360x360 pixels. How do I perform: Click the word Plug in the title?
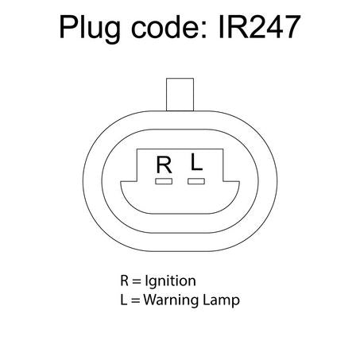click(x=90, y=29)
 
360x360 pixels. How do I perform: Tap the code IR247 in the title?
click(x=260, y=27)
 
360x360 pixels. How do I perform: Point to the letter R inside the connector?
click(x=165, y=165)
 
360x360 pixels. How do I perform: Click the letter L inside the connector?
click(x=196, y=162)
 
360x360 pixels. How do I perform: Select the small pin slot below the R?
click(x=164, y=181)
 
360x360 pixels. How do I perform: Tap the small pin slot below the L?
click(x=196, y=181)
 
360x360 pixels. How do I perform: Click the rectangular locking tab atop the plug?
click(x=180, y=95)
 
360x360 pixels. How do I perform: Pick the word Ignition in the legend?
click(x=171, y=281)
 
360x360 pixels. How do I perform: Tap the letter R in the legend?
click(x=125, y=281)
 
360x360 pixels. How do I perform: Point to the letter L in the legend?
click(x=124, y=300)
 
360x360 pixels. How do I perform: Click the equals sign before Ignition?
click(x=137, y=281)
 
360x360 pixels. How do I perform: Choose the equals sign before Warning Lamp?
click(x=135, y=300)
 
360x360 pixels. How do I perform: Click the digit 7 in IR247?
click(x=292, y=27)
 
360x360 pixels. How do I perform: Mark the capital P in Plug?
click(x=68, y=27)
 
